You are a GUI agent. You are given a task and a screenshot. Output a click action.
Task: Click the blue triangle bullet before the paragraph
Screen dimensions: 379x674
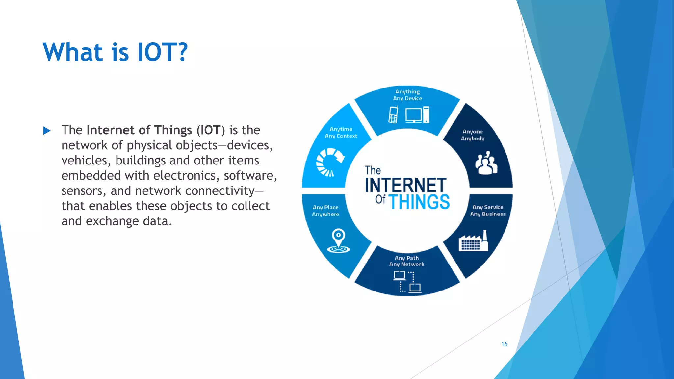pyautogui.click(x=47, y=131)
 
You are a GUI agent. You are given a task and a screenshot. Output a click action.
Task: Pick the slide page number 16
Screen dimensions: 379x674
pyautogui.click(x=504, y=344)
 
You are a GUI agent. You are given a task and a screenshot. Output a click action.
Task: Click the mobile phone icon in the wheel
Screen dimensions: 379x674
pyautogui.click(x=393, y=115)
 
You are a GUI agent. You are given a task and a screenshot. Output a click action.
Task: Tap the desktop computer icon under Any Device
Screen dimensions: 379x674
pyautogui.click(x=417, y=115)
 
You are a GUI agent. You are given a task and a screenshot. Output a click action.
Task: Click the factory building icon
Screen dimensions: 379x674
pyautogui.click(x=473, y=241)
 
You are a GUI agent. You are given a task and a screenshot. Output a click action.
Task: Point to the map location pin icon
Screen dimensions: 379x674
pyautogui.click(x=338, y=240)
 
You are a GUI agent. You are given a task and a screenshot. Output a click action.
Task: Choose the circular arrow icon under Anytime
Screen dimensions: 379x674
pyautogui.click(x=329, y=162)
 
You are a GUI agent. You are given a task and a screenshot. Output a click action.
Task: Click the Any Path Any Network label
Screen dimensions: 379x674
pyautogui.click(x=407, y=261)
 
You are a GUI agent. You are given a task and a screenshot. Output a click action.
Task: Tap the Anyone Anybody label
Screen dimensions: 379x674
pyautogui.click(x=473, y=135)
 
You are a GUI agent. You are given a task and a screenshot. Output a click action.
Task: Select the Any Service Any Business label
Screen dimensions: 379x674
pyautogui.click(x=488, y=211)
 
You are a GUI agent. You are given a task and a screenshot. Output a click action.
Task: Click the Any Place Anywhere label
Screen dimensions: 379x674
pyautogui.click(x=325, y=211)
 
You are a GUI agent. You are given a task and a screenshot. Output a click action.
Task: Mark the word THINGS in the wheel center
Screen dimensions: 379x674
pyautogui.click(x=419, y=202)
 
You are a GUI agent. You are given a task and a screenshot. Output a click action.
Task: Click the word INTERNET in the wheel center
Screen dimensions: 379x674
pyautogui.click(x=405, y=185)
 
